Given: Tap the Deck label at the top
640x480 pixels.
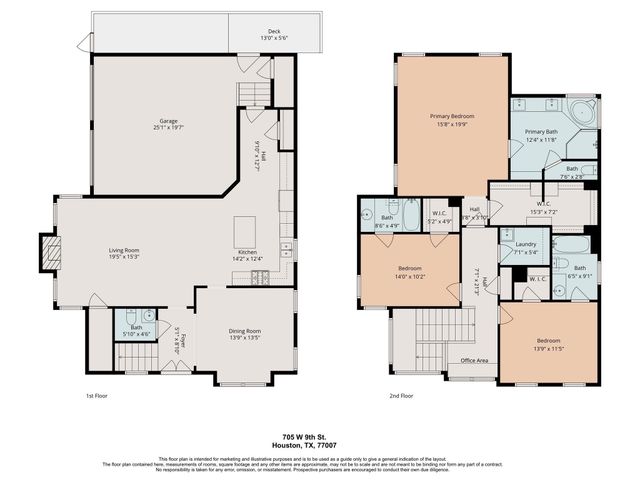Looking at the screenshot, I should point(273,32).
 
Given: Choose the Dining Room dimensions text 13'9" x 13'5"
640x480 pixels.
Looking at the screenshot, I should point(245,337).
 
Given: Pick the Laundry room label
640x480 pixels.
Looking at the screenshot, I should point(526,244).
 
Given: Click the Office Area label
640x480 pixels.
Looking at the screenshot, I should point(474,360).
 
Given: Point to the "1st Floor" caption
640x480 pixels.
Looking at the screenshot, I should point(98,395).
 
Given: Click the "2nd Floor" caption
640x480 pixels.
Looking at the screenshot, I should point(401,395).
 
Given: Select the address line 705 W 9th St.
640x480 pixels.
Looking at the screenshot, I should point(320,437).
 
